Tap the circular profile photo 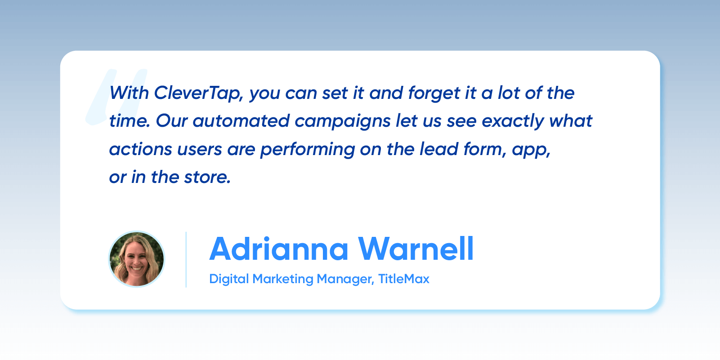coord(137,259)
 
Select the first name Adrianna coord(279,249)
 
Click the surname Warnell coord(416,249)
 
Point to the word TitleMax coord(404,279)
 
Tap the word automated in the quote coord(241,121)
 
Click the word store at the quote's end coord(207,178)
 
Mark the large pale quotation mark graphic coord(116,97)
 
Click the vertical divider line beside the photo coord(186,259)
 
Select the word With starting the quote coord(129,93)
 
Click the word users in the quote coord(200,150)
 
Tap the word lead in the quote coord(439,149)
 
